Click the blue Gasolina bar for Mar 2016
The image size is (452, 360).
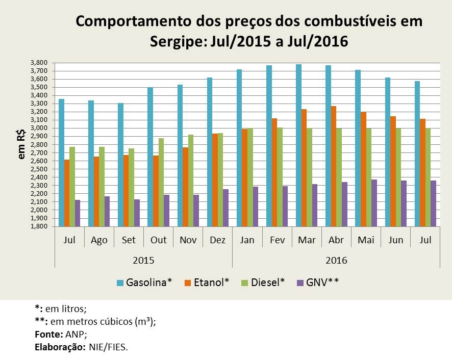298,145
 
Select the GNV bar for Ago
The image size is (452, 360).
107,211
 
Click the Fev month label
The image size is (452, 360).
277,240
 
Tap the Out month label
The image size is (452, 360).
158,240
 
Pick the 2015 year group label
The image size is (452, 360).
143,260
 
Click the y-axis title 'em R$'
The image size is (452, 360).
22,144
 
